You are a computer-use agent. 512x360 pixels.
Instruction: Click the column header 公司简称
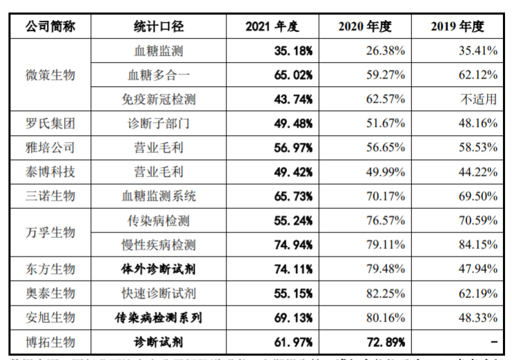[50, 27]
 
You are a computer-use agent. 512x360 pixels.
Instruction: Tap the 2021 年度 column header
[273, 27]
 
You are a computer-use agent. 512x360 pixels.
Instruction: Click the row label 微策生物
[50, 74]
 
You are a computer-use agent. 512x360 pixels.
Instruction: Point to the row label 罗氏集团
[50, 124]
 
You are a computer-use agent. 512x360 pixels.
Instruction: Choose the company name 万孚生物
[50, 232]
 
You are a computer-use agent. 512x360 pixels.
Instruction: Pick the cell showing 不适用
[479, 99]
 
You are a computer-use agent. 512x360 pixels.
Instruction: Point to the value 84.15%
[474, 245]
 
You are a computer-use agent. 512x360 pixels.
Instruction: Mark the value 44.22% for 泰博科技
[474, 172]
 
